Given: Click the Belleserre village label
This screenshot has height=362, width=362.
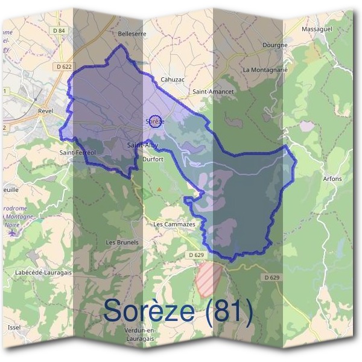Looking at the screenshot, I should click(x=133, y=34).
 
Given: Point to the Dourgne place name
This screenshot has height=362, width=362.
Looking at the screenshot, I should click(x=275, y=45).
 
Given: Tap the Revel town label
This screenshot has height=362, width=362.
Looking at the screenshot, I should click(x=46, y=111).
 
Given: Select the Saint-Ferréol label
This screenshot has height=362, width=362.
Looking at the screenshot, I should click(x=78, y=153).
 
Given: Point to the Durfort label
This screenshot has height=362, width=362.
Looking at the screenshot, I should click(x=153, y=159).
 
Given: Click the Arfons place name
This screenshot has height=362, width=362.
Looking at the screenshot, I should click(x=332, y=179).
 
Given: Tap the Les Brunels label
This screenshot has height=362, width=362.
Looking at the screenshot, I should click(x=122, y=242).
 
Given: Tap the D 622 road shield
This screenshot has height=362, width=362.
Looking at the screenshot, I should click(x=63, y=66).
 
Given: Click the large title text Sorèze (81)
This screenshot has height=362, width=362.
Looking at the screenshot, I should click(x=178, y=310).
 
